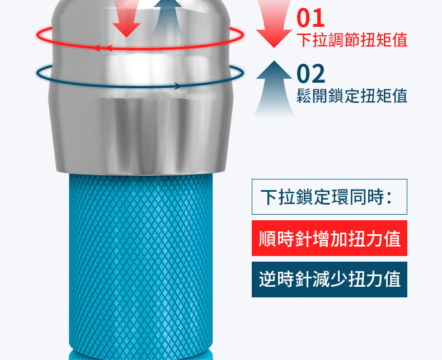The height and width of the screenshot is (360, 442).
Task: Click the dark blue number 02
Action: [311, 74]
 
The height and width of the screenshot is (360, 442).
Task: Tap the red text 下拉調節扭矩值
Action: [351, 40]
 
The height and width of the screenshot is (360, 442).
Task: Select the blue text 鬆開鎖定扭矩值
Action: [351, 96]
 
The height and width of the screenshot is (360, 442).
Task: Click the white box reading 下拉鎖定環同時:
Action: [329, 197]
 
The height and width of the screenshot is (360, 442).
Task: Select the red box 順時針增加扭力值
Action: [329, 239]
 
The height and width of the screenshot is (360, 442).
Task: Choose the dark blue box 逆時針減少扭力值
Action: [329, 279]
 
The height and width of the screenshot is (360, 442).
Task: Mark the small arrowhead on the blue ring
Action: [178, 86]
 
